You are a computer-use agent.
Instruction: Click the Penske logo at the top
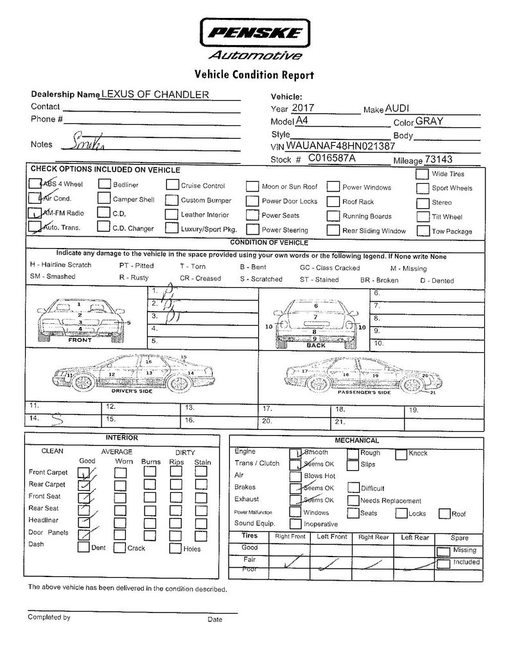(254, 31)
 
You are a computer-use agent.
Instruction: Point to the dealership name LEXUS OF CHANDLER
(155, 94)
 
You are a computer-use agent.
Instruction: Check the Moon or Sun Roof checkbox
(252, 187)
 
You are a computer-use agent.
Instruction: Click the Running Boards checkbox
(333, 216)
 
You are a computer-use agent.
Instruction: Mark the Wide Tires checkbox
(422, 173)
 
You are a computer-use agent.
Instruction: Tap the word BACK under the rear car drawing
(316, 346)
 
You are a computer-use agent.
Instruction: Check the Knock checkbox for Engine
(401, 454)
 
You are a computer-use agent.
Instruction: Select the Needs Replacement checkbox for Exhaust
(353, 501)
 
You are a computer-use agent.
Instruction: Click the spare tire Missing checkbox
(443, 551)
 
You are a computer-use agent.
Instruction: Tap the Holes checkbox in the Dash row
(175, 548)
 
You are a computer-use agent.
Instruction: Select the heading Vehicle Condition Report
(254, 75)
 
